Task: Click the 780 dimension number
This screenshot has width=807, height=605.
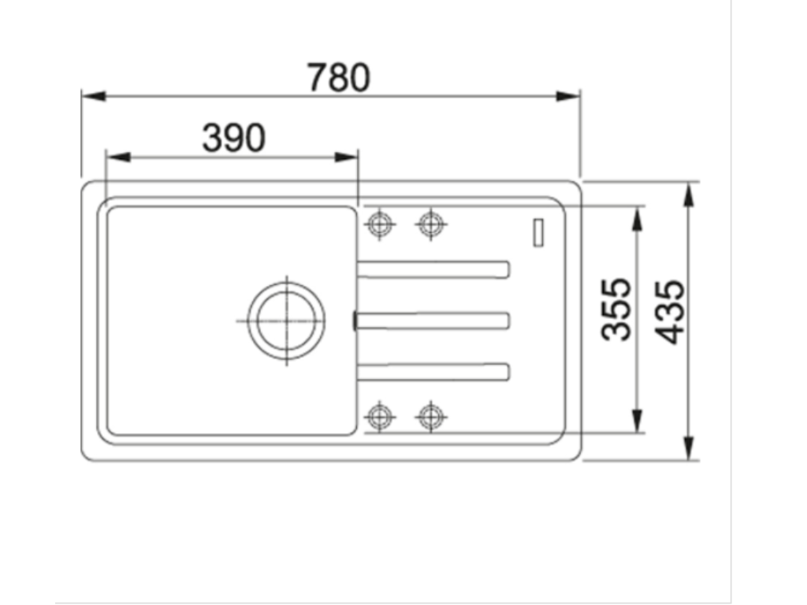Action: [338, 78]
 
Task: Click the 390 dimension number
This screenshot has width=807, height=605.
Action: [233, 139]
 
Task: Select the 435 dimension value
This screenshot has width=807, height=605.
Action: [671, 312]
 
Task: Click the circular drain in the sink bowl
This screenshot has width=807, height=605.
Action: [286, 320]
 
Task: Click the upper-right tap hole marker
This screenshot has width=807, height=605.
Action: [430, 224]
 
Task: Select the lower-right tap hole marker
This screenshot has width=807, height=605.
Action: [430, 414]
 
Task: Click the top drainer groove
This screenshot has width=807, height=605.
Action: [433, 269]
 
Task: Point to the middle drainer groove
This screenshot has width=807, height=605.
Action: [433, 320]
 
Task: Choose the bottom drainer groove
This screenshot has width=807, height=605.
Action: [433, 371]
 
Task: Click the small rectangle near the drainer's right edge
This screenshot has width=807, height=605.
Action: [538, 232]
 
